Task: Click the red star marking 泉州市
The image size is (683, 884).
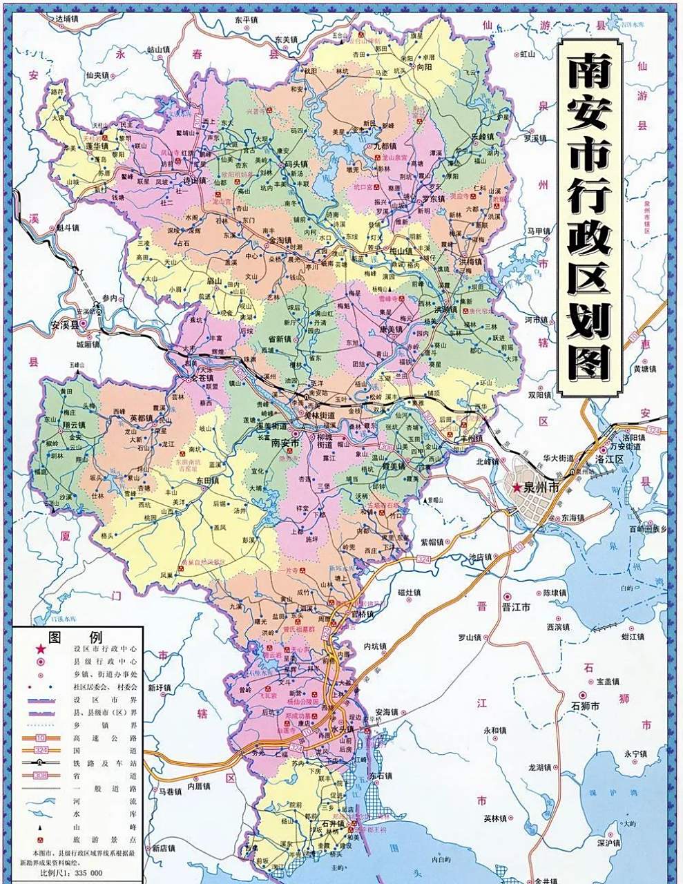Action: (x=517, y=488)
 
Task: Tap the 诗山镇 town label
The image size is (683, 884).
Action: (x=194, y=181)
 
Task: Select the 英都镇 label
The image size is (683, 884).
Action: (x=142, y=418)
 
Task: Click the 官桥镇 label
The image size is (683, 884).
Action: (x=361, y=613)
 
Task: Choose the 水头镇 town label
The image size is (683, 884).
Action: (x=343, y=729)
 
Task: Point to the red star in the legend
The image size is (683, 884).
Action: (x=41, y=649)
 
